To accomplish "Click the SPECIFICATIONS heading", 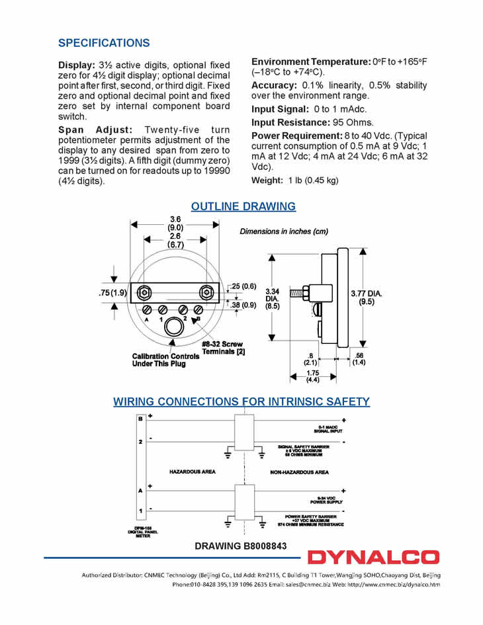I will tap(104, 43).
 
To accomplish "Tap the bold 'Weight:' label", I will tap(267, 181).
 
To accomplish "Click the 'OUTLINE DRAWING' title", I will tap(243, 206).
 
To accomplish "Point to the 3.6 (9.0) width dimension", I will tap(175, 224).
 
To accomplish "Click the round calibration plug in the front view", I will tap(174, 326).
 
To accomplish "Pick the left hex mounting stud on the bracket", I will tap(144, 292).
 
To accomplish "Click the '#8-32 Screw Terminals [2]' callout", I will tap(222, 348).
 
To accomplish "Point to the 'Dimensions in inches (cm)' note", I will tap(283, 231).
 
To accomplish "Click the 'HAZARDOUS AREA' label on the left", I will tap(193, 472).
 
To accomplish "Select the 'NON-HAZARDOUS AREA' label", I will tap(299, 472).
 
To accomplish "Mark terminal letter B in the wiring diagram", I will tap(140, 419).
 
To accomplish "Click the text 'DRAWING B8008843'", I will tap(240, 546).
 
